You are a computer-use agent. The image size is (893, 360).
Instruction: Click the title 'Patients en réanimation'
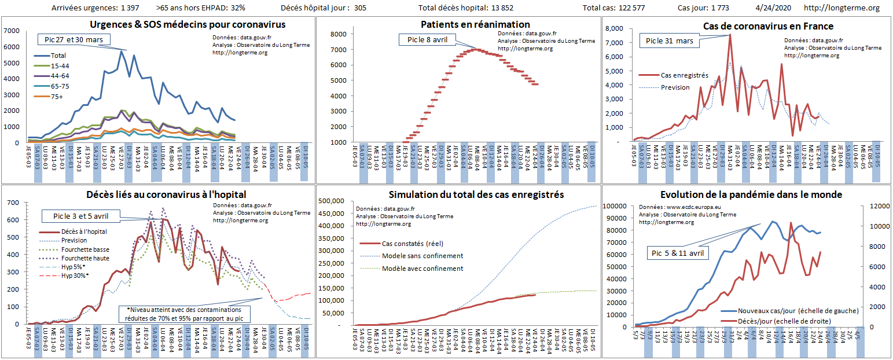[x=475, y=24]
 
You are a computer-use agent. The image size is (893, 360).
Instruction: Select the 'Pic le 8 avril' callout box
[x=426, y=39]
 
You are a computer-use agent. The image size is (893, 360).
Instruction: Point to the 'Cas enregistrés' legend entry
[x=684, y=75]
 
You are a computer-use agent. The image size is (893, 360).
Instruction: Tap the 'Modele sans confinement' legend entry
[x=422, y=256]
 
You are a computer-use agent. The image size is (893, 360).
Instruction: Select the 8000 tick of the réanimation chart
[x=338, y=34]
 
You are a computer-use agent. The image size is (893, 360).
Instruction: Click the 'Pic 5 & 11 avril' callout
[x=677, y=253]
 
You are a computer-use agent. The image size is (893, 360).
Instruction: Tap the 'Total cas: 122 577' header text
[x=622, y=8]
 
